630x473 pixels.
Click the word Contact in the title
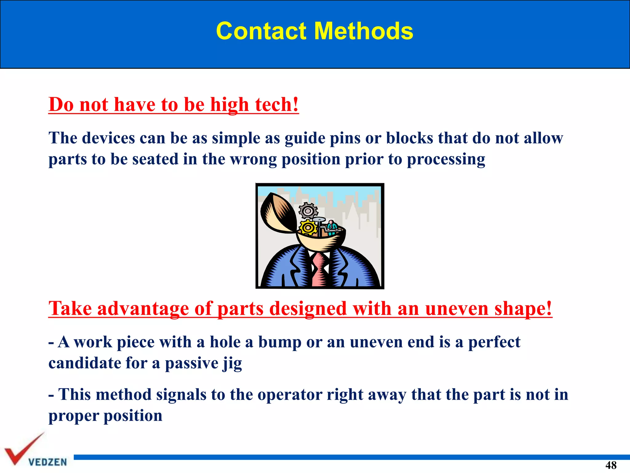261,31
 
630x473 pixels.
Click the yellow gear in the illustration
308,228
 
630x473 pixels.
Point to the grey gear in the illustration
308,211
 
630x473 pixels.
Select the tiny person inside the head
331,226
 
